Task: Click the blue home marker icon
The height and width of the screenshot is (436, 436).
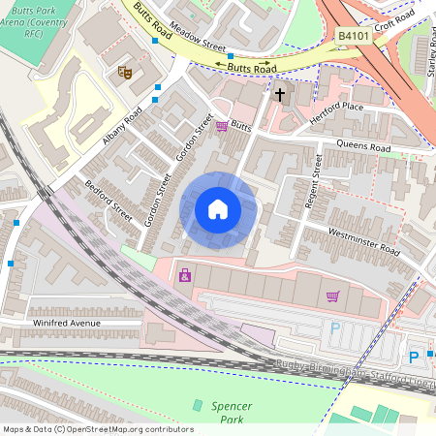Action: [x=218, y=209]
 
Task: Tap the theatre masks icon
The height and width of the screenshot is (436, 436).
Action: [x=124, y=71]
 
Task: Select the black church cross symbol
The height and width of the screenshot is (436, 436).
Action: [x=281, y=95]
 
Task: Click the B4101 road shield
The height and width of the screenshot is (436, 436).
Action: [x=354, y=36]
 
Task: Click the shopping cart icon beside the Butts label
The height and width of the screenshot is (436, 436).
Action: [x=222, y=126]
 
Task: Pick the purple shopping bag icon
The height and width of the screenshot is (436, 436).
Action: [x=184, y=276]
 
